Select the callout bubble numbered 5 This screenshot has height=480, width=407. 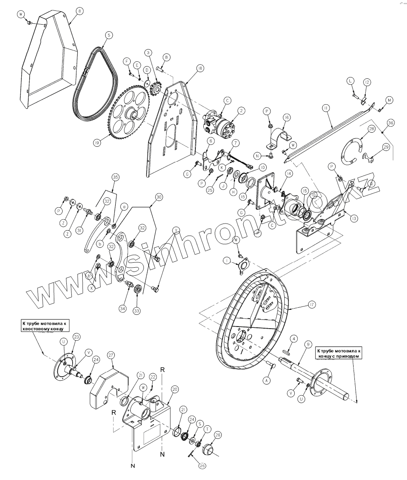click(109, 36)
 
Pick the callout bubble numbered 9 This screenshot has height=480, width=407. click(308, 344)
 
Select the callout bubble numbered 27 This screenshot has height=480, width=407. click(111, 355)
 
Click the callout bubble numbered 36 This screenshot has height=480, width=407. click(391, 123)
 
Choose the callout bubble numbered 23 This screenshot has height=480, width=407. click(76, 337)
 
